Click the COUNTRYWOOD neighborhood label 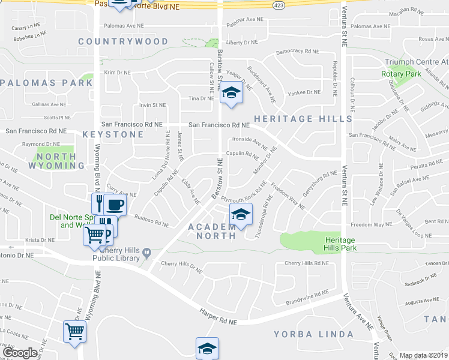[x=123, y=41]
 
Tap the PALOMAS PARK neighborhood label [x=46, y=83]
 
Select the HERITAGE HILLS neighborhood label [x=303, y=119]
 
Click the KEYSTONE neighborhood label [x=113, y=134]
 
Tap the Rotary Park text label [x=400, y=74]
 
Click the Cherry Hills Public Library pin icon [x=146, y=257]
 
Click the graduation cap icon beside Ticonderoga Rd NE [x=240, y=214]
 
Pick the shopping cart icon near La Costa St [x=74, y=331]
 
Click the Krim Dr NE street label [x=117, y=73]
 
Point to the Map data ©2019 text [x=424, y=355]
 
